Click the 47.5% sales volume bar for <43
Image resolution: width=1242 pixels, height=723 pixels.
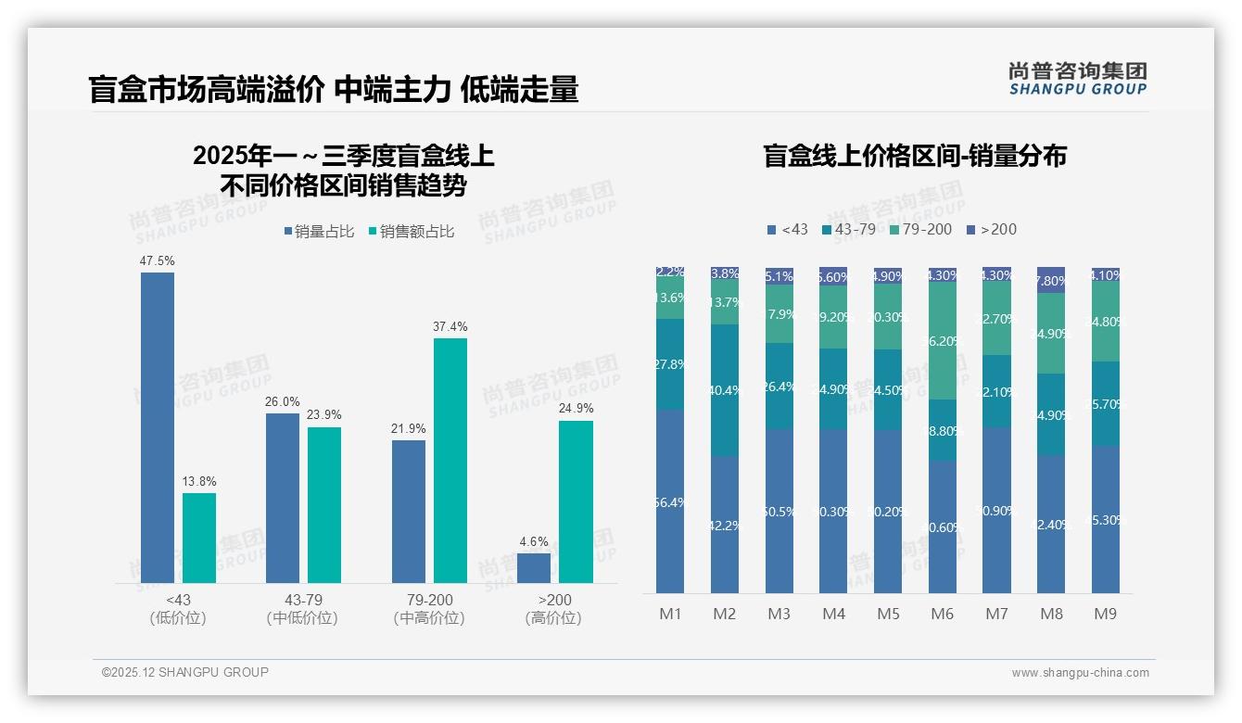[158, 426]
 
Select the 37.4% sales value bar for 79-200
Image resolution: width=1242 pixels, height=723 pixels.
[450, 460]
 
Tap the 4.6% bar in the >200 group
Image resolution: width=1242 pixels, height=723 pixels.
[534, 567]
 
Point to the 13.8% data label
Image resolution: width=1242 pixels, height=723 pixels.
[199, 482]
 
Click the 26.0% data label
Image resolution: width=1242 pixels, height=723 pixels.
[283, 401]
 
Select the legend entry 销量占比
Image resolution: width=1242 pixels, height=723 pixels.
[319, 232]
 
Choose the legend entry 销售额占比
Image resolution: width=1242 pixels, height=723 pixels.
[412, 232]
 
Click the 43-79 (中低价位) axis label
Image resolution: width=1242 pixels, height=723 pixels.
[302, 609]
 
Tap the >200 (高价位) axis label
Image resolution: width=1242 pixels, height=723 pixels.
[553, 609]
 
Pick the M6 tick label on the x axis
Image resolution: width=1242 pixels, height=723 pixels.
[942, 614]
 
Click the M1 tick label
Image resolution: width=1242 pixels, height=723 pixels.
[670, 614]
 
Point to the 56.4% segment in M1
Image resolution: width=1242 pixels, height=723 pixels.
[670, 501]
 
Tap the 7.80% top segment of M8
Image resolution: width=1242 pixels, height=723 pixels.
[1051, 280]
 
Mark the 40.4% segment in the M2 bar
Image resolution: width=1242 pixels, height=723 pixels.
[725, 390]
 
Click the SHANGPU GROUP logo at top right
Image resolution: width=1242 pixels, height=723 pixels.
[1077, 79]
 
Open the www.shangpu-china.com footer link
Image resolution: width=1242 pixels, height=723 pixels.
[1080, 673]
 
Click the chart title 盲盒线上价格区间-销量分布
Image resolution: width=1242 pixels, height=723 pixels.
[914, 156]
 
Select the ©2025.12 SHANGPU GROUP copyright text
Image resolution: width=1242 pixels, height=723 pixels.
[185, 673]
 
